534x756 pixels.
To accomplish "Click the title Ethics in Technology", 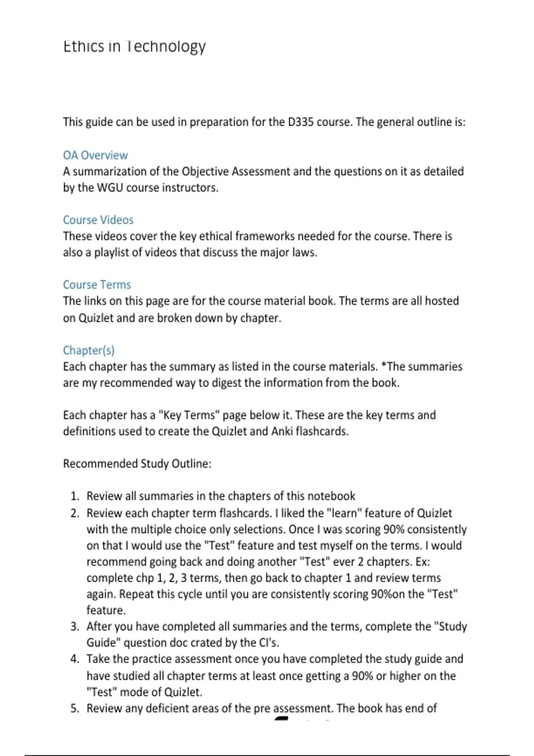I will point(134,46).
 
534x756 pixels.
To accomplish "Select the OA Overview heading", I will point(95,155).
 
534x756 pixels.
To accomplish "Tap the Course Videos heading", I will point(98,220).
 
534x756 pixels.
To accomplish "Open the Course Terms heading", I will point(97,285).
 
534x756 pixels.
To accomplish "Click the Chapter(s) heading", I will point(89,350).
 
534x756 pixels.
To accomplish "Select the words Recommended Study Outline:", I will point(137,464).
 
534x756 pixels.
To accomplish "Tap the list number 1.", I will point(74,496).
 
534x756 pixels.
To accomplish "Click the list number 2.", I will point(74,513).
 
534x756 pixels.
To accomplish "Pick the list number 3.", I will point(74,627).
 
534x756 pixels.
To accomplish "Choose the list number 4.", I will point(74,659).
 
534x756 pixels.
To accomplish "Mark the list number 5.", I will point(74,708).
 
